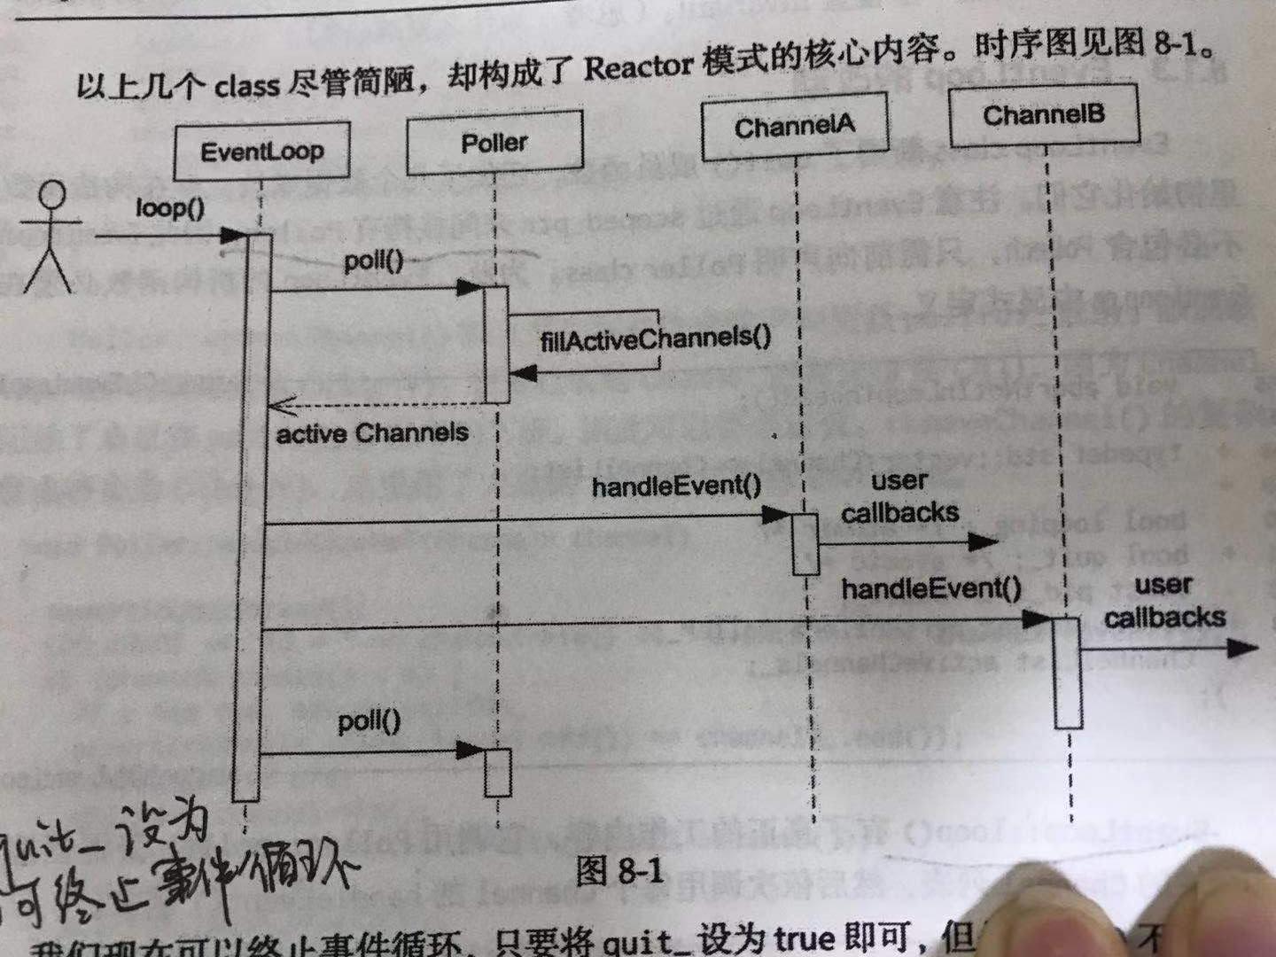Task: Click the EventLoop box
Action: pos(261,152)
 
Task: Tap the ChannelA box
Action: pos(794,127)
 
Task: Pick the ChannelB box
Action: pos(1044,115)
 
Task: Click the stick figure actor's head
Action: pos(54,193)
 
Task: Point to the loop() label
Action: pos(169,208)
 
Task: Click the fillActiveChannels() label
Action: pos(656,339)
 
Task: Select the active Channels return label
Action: pos(372,434)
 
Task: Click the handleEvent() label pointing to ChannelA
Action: pos(676,486)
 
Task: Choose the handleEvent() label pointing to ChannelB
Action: pos(931,588)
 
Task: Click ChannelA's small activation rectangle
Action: pos(805,543)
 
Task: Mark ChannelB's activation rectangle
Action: pos(1067,673)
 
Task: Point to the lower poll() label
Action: pos(369,722)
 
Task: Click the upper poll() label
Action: pos(373,262)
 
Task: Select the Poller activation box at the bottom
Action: pos(498,773)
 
